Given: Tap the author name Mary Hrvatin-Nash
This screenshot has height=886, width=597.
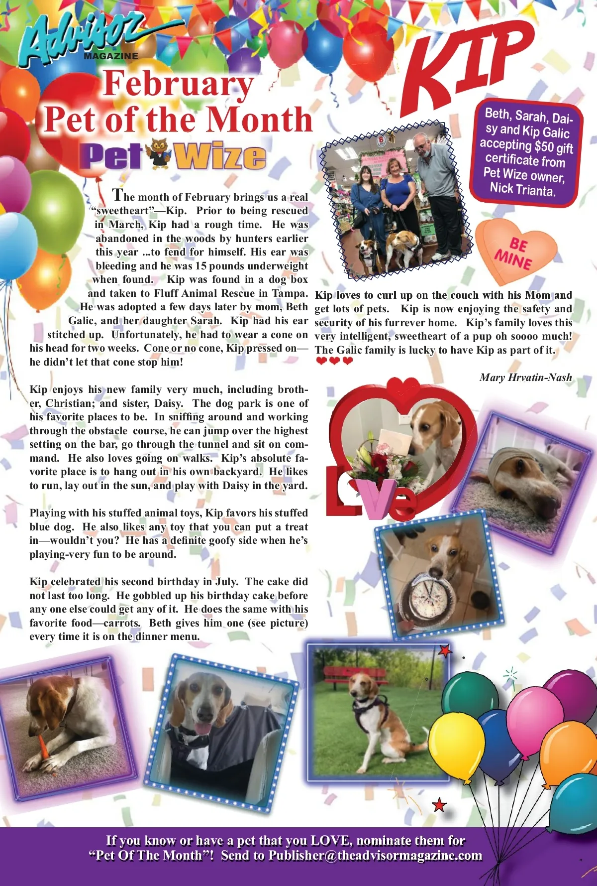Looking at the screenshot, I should tap(525, 378).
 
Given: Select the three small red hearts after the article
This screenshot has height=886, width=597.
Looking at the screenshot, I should tap(334, 361).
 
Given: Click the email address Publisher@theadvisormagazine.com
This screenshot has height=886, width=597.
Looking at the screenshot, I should tap(375, 856).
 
